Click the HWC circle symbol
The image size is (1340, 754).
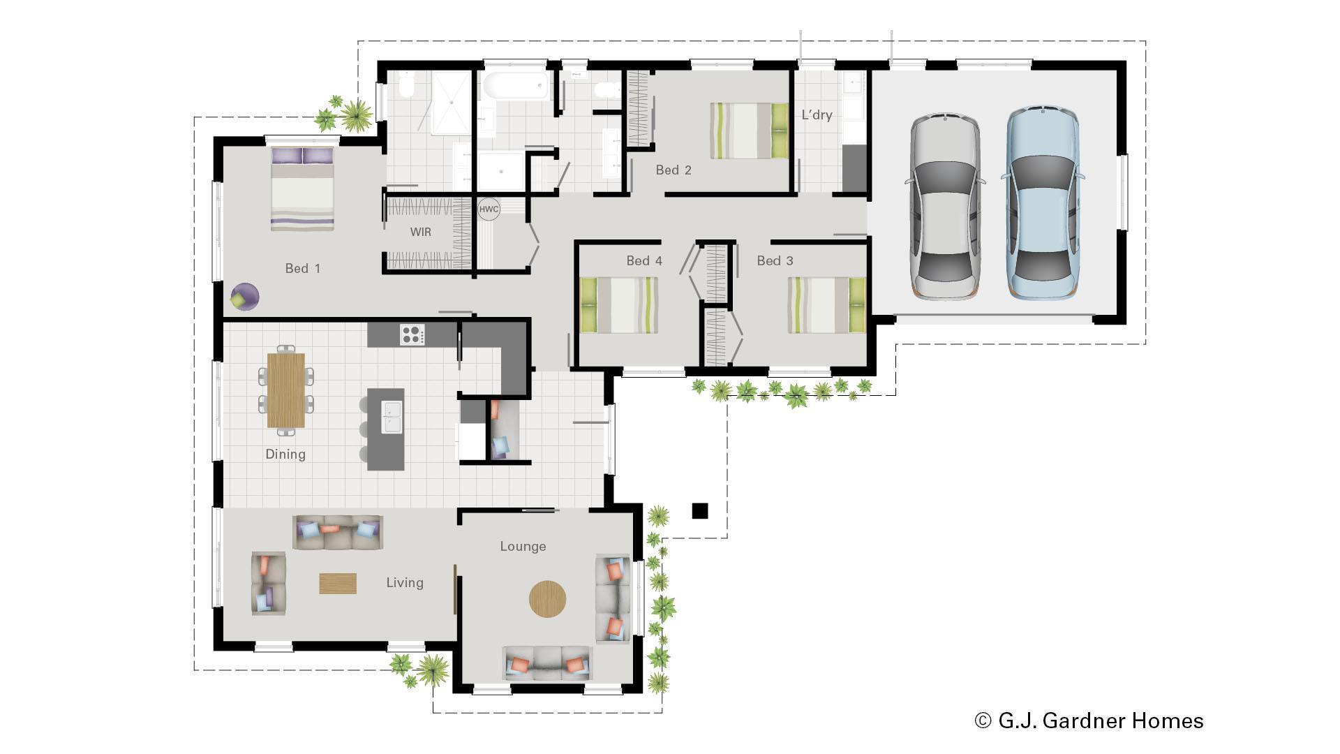click(x=489, y=209)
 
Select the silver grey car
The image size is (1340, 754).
click(x=944, y=206)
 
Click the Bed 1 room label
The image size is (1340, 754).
click(x=302, y=268)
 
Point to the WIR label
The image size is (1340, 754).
click(x=420, y=232)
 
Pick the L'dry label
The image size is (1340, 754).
click(x=817, y=114)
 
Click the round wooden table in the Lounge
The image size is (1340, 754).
click(x=547, y=599)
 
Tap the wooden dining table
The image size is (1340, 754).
click(x=286, y=390)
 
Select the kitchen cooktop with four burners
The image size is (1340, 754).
click(x=412, y=334)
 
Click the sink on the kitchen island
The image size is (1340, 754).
click(x=391, y=417)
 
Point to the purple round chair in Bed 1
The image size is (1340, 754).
click(x=244, y=296)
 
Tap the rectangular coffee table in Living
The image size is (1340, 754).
click(x=338, y=584)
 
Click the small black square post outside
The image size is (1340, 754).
click(x=699, y=511)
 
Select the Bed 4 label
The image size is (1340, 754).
click(x=643, y=260)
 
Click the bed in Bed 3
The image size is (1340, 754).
click(x=826, y=305)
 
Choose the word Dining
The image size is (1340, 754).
click(x=285, y=454)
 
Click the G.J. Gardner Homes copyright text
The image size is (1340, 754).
click(x=1089, y=720)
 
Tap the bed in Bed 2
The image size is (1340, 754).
click(x=750, y=131)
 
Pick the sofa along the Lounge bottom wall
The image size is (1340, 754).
click(x=547, y=663)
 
